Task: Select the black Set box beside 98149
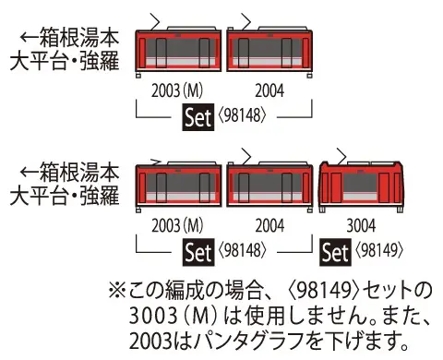[335, 250]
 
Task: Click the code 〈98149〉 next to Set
[378, 250]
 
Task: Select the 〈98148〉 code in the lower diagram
[245, 250]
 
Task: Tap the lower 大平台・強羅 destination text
[71, 194]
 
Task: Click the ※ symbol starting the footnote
[117, 289]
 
